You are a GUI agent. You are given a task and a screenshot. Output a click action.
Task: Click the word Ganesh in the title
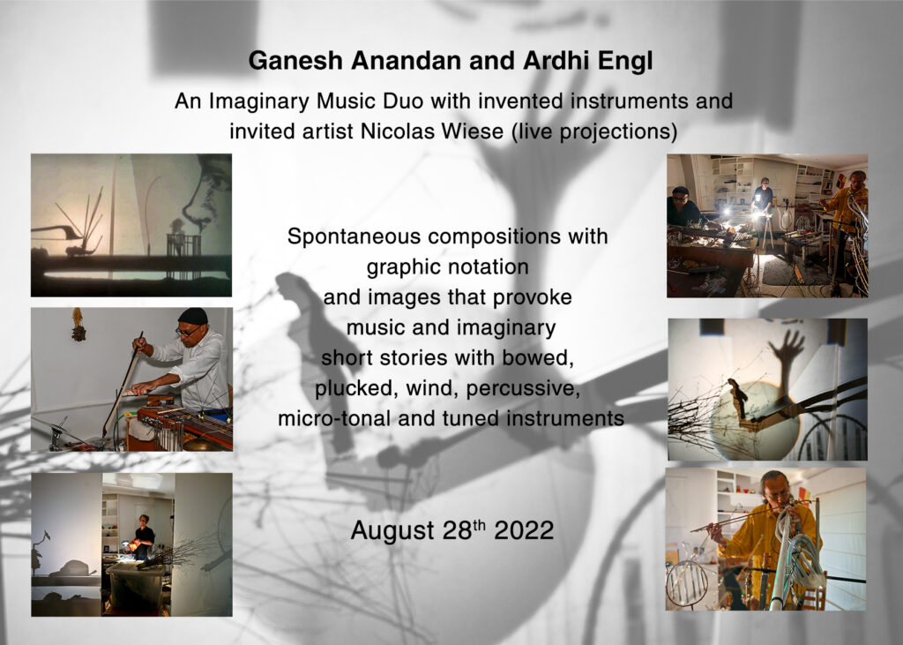[295, 61]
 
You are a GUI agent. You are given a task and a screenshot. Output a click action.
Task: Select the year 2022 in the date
[524, 530]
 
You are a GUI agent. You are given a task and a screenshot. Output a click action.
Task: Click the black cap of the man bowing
[193, 316]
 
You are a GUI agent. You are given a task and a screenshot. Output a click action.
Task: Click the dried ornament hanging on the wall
[78, 325]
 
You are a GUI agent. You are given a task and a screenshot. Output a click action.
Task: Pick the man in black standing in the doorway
[143, 537]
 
